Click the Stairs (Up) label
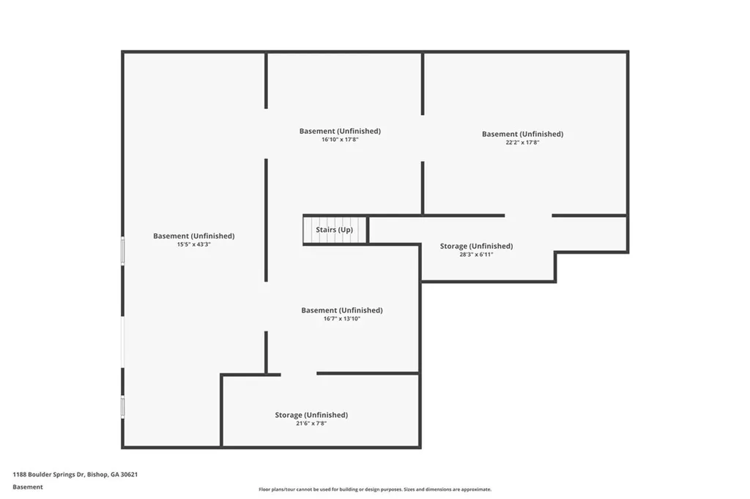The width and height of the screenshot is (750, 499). (x=334, y=230)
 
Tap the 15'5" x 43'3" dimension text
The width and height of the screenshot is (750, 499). (x=193, y=244)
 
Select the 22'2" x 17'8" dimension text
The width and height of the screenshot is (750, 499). (x=522, y=143)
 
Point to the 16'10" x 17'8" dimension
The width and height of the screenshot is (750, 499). (x=340, y=140)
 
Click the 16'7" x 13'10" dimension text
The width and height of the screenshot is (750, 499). (x=341, y=319)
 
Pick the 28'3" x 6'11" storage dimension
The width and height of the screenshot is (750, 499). (x=476, y=255)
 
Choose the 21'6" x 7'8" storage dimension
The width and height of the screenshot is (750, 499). (x=311, y=424)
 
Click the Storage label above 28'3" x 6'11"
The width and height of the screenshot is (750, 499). (x=476, y=246)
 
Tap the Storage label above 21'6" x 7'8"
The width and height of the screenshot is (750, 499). (x=311, y=415)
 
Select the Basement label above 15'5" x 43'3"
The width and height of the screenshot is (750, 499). (x=193, y=236)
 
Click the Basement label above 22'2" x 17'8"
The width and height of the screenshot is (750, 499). (x=522, y=134)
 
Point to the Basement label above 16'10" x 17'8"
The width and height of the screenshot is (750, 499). (x=340, y=131)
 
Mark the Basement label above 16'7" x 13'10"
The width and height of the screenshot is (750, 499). (x=342, y=310)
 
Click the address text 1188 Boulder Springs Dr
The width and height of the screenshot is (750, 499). (x=48, y=475)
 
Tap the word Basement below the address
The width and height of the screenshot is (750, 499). (x=28, y=487)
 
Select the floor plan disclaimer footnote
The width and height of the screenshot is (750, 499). (x=375, y=489)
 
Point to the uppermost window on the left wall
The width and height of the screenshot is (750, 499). (x=123, y=250)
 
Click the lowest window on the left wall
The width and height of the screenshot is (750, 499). (x=123, y=407)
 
